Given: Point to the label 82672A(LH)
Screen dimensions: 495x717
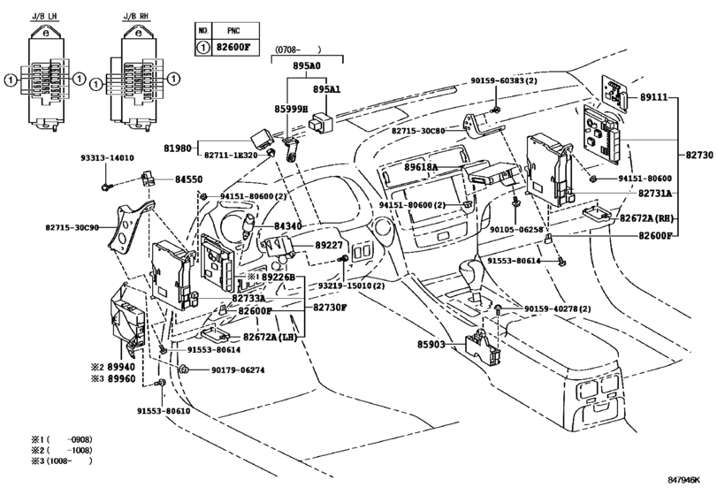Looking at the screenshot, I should (x=271, y=339).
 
